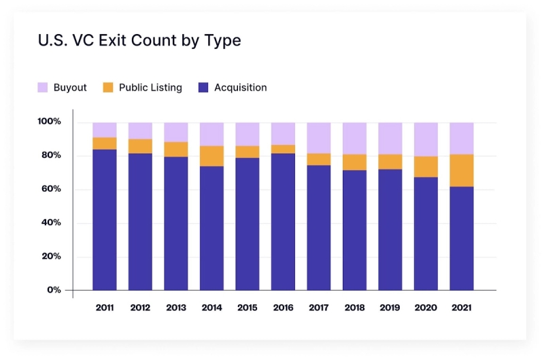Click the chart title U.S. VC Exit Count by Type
(139, 41)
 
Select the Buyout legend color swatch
(42, 88)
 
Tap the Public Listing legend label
(150, 88)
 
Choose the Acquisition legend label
(240, 88)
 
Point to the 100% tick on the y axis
(50, 122)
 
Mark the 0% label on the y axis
(54, 290)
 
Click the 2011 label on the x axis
(105, 308)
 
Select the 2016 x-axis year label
(283, 308)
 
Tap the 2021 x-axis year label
(462, 308)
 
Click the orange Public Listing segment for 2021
(462, 170)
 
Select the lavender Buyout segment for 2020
(426, 140)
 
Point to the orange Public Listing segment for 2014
(211, 156)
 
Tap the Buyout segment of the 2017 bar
(319, 138)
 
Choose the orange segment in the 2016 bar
(283, 149)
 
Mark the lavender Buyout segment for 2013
(176, 132)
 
